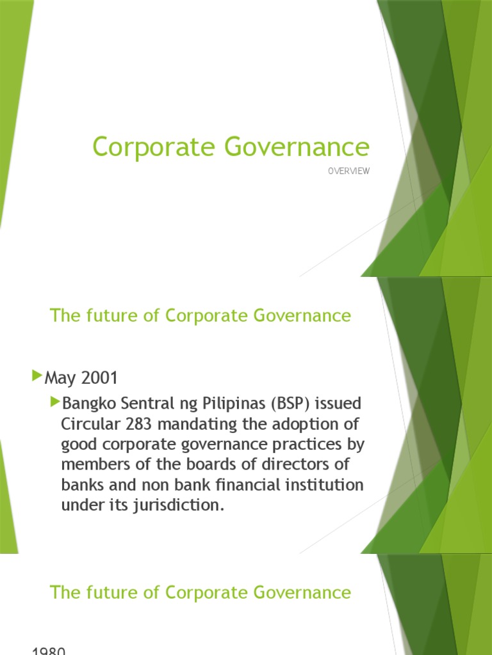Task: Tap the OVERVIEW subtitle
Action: point(349,171)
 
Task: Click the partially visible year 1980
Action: point(49,651)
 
